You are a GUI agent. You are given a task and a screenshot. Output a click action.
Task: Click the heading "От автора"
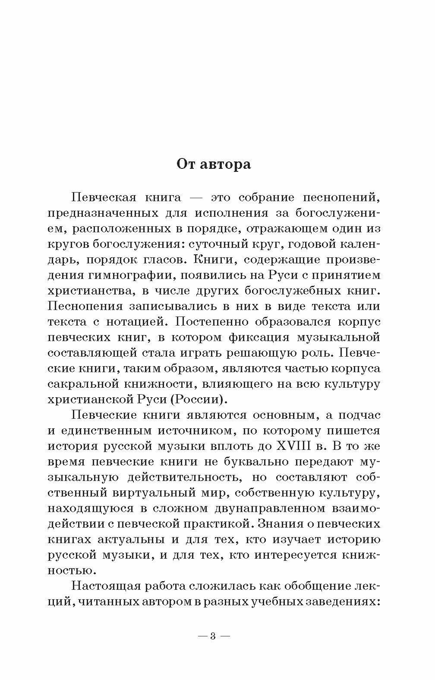[213, 164]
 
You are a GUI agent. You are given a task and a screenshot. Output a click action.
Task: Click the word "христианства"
[90, 291]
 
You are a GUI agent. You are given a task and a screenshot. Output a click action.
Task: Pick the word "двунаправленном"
[256, 508]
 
